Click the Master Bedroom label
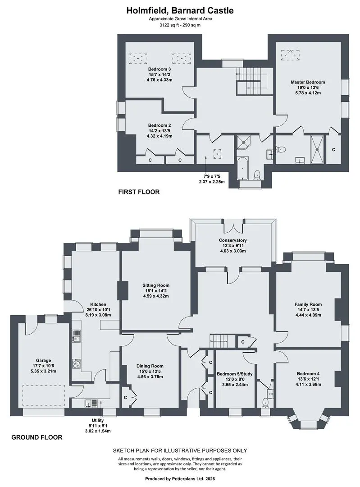click(x=308, y=83)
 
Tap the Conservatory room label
click(x=232, y=240)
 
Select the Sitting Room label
click(x=156, y=285)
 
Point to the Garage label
click(x=43, y=361)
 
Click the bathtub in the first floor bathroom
click(x=243, y=168)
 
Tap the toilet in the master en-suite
click(x=281, y=149)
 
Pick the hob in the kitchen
click(x=76, y=364)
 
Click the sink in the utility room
click(x=92, y=403)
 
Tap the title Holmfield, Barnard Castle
click(x=180, y=10)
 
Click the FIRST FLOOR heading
click(x=139, y=192)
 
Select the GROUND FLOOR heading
click(x=36, y=437)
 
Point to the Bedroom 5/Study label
click(x=235, y=374)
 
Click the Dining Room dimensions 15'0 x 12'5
click(x=150, y=372)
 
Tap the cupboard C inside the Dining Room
click(x=125, y=397)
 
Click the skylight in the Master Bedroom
click(x=291, y=55)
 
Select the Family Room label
click(x=308, y=304)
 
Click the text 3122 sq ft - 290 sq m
click(x=180, y=25)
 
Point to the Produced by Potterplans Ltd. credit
click(x=180, y=478)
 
